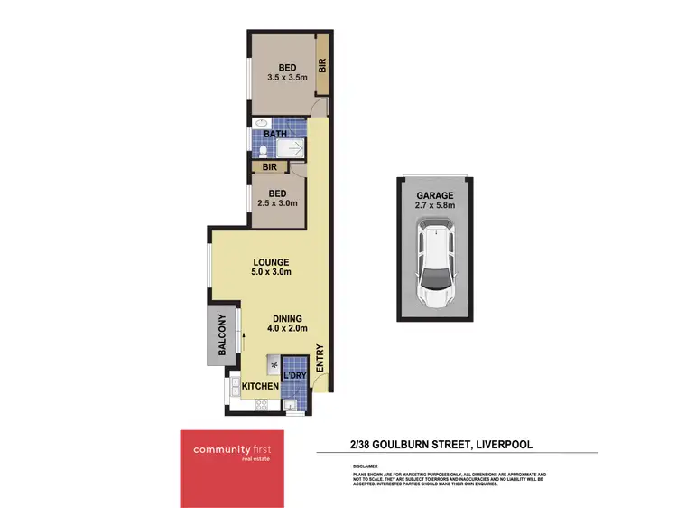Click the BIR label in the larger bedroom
point(321,66)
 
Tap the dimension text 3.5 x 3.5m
point(287,78)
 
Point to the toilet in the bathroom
point(261,150)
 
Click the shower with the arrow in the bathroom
point(290,149)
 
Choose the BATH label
point(275,135)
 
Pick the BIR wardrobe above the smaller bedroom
point(269,167)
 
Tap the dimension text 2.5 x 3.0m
point(278,203)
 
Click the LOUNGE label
point(271,262)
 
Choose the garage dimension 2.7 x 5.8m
point(434,205)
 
